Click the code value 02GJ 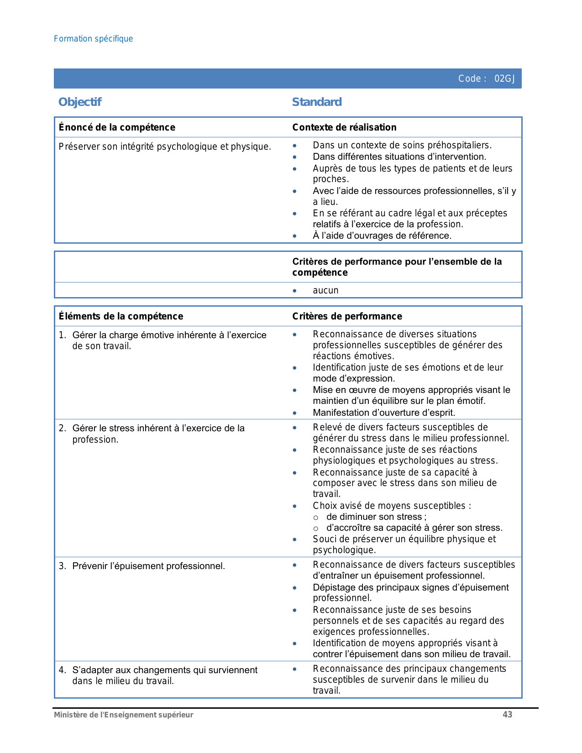tap(504, 79)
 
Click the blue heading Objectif tap(80, 102)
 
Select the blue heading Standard tap(317, 102)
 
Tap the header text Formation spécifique tap(93, 39)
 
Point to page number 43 tap(507, 715)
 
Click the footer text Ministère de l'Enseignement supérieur tap(123, 715)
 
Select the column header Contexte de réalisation tap(344, 127)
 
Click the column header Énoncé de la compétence tap(117, 127)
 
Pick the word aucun tap(325, 291)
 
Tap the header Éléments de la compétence tap(121, 316)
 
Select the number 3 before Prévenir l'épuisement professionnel tap(62, 566)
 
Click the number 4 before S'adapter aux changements tap(62, 670)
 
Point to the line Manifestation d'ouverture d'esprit tap(384, 413)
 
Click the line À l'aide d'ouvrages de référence tap(382, 236)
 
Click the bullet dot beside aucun tap(295, 291)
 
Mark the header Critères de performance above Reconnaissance tap(347, 316)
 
